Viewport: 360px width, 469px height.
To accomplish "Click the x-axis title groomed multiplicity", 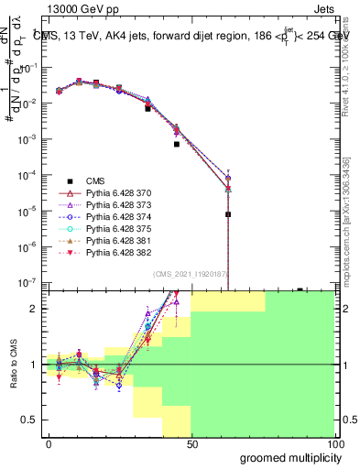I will [288, 457].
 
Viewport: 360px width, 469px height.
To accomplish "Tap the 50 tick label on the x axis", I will [191, 442].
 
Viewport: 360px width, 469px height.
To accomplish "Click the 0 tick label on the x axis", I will [49, 442].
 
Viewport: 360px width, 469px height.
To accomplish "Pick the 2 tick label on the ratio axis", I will [34, 309].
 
